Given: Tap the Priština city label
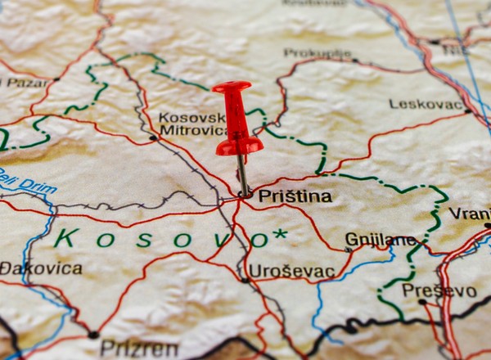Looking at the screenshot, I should click(x=295, y=196).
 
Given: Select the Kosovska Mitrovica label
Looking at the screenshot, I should click(x=193, y=124).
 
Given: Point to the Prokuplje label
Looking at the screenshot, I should click(x=317, y=53).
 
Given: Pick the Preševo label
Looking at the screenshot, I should click(x=439, y=290).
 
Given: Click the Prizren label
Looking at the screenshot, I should click(x=139, y=349).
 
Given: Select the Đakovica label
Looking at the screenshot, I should click(x=41, y=268).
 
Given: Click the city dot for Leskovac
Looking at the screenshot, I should click(x=467, y=110).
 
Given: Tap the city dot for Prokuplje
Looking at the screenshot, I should click(x=354, y=60).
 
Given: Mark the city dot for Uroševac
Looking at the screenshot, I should click(x=245, y=280).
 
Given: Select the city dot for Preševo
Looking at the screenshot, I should click(x=422, y=301).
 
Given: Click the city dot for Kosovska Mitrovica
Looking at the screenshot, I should click(x=153, y=137).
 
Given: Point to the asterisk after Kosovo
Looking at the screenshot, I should click(x=280, y=235).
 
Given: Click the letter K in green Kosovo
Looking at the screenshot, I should click(x=66, y=238).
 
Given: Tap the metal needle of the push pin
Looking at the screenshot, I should click(x=242, y=174).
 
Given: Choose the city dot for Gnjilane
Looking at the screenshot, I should click(x=349, y=249).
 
